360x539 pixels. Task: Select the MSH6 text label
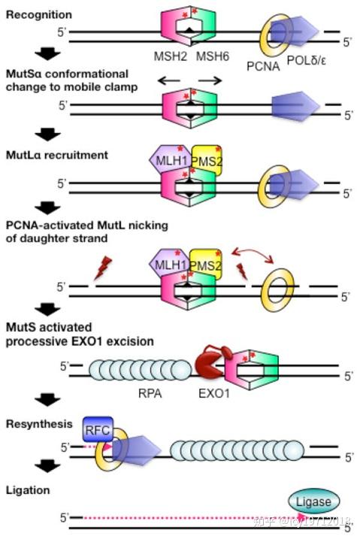(x=212, y=58)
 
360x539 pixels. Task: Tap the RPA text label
(x=150, y=392)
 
